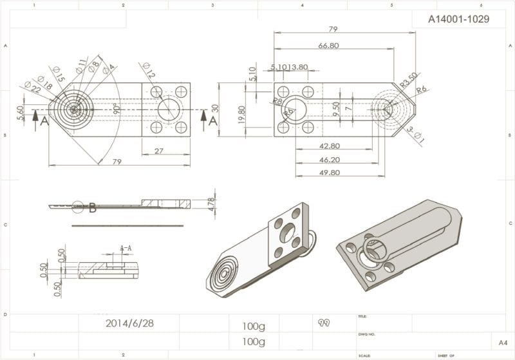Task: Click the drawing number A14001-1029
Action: pos(458,19)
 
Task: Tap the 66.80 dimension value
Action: pos(328,46)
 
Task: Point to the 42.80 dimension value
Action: pos(329,146)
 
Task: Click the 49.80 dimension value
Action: pos(329,172)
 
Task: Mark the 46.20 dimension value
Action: pos(329,159)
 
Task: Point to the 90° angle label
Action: pos(117,108)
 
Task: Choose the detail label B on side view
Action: pos(93,207)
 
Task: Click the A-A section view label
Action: pos(126,247)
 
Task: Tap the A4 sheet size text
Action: pos(502,342)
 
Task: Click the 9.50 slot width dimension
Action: pos(335,108)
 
